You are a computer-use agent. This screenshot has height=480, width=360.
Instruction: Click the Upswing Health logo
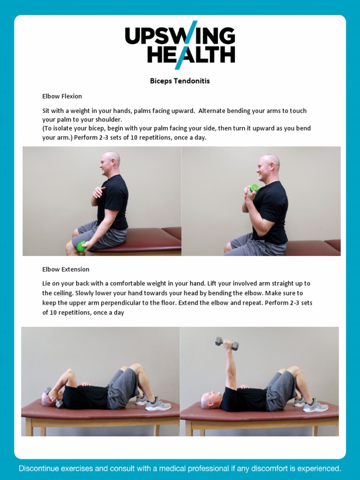coord(180,45)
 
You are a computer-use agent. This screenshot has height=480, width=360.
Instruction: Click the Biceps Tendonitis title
coord(180,81)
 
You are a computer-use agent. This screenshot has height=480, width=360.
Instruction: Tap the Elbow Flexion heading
coord(62,96)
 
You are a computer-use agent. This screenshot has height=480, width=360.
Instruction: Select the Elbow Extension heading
coord(66,270)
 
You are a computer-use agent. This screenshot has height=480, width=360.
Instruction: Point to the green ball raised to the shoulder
coord(254,188)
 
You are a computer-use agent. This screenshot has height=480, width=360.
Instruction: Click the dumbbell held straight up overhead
coord(227,344)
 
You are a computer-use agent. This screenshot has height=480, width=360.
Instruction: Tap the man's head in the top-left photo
coord(111,162)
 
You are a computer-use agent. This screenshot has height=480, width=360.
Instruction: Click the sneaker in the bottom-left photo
coord(158,405)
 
